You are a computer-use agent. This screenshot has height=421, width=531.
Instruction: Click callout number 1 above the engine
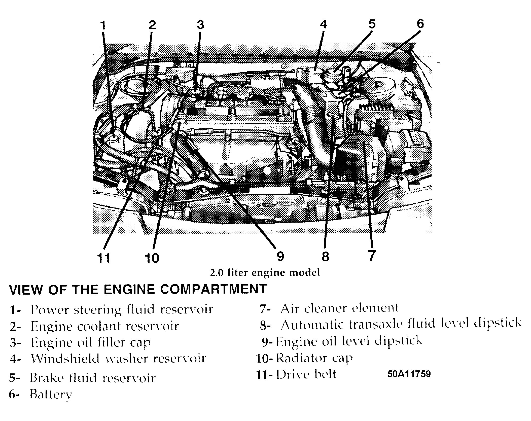tap(103, 25)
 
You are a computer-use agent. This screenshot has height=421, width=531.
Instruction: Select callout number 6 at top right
tap(420, 24)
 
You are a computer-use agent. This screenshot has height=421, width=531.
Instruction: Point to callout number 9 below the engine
tap(280, 256)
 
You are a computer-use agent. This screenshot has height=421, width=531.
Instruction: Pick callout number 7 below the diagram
tap(371, 256)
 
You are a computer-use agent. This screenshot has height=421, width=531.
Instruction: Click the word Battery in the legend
tap(51, 394)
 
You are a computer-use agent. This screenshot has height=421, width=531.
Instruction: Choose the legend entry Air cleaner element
tap(340, 308)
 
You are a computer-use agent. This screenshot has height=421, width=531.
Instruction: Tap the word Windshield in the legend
tap(65, 359)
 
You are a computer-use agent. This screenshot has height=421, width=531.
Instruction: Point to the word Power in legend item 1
tap(50, 309)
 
